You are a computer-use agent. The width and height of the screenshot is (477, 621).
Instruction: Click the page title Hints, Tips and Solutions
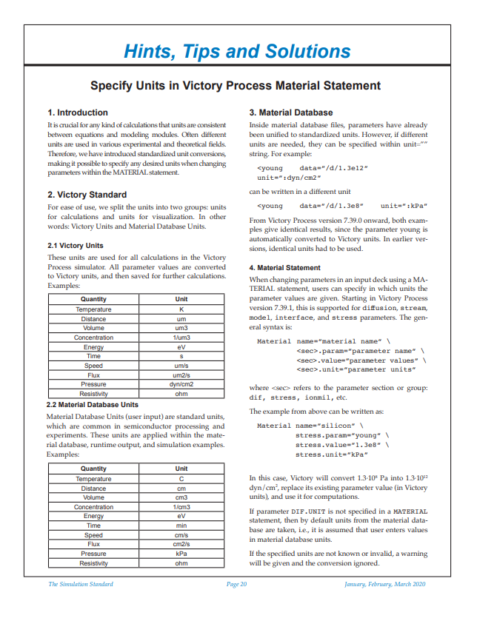coord(237,51)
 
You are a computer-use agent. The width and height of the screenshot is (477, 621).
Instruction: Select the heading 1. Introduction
coord(78,113)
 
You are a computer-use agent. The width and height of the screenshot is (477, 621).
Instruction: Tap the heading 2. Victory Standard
coord(87,195)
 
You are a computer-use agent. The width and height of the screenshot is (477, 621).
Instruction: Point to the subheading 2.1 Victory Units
coord(75,245)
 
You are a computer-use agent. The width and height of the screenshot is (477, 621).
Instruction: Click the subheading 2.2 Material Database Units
coord(93,405)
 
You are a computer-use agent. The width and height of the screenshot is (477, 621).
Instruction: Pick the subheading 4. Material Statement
coord(284,267)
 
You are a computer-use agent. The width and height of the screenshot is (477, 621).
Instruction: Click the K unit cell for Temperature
coord(181,309)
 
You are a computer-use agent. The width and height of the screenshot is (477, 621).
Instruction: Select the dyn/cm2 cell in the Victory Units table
coord(181,385)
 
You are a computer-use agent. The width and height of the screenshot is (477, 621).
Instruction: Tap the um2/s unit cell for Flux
coord(181,375)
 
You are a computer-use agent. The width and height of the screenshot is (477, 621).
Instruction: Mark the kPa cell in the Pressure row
coord(181,554)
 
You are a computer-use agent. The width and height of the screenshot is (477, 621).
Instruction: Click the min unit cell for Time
coord(181,526)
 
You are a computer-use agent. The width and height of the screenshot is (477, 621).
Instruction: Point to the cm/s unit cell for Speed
coord(181,534)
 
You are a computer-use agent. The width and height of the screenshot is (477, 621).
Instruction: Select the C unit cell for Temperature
coord(181,479)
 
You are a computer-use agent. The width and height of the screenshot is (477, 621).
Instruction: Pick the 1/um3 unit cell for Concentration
coord(181,338)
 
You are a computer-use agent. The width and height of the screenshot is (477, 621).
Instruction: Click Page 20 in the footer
coord(237,584)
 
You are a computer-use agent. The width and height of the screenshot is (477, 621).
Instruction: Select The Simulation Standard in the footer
coord(81,584)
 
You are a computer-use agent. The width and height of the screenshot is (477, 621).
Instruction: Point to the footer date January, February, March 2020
coord(385,584)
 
